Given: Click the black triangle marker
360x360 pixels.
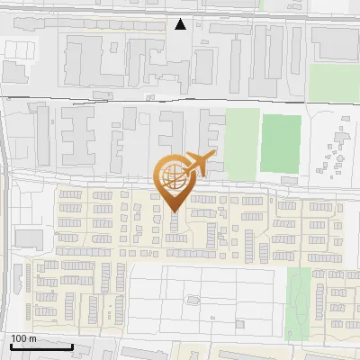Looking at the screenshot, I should tap(181, 24).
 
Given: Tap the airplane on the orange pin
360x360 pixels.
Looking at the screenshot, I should tap(198, 164).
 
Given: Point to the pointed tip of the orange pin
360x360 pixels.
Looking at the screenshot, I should tap(174, 211).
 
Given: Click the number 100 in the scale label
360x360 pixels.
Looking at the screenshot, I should tap(18, 337).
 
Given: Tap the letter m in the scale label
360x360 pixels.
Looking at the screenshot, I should tap(32, 337).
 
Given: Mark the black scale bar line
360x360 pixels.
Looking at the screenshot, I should tap(41, 346).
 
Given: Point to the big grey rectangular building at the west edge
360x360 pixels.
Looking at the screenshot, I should tap(29, 238).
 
